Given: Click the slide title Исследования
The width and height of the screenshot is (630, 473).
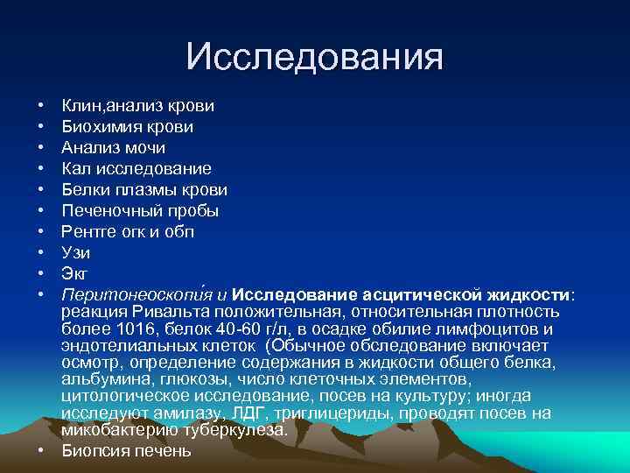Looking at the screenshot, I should (315, 58).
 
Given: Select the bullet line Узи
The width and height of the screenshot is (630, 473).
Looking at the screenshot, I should (76, 253).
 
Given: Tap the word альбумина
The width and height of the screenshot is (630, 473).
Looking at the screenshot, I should (106, 379).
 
